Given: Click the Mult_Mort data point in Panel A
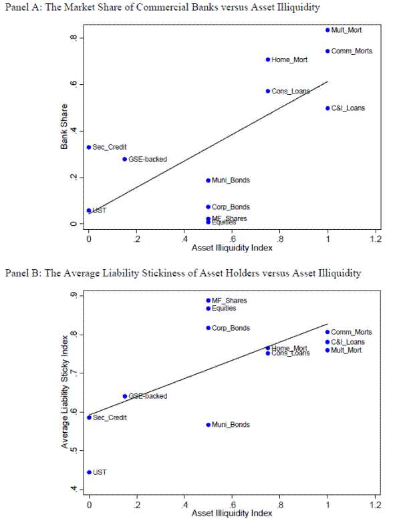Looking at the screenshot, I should coord(327,30).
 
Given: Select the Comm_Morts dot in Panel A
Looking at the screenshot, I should coord(327,51).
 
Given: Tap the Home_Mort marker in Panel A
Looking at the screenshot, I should coord(268,59).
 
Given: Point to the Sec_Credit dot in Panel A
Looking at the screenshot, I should coord(89,147).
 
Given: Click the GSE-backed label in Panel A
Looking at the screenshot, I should coord(148,160).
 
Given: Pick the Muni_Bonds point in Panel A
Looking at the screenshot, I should coord(209,180).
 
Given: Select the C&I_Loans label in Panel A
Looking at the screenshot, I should coord(348,108).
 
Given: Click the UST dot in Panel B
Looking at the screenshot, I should coord(89,472).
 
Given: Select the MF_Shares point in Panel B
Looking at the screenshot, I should coord(209,301).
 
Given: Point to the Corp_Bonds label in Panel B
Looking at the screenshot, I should coord(231,328).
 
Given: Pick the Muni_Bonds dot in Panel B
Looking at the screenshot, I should coord(209,425).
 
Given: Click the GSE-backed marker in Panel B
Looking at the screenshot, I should coord(125,396).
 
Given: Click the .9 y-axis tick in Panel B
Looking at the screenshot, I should coord(74,295).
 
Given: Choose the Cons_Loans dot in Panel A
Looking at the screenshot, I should coord(268,91).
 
